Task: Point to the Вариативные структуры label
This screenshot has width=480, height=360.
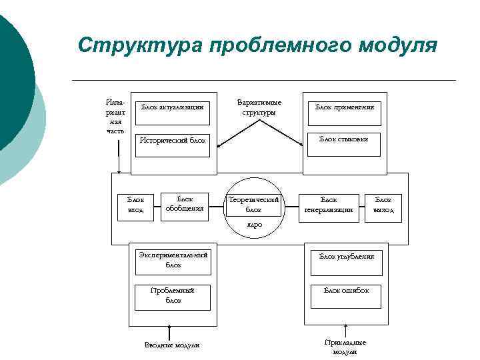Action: [259, 107]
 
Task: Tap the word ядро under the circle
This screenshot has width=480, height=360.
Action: [254, 225]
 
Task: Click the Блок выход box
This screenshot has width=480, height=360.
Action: [383, 207]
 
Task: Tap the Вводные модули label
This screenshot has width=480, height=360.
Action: [172, 345]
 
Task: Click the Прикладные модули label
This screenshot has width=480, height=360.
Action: [345, 346]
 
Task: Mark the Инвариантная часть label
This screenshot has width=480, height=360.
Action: [115, 117]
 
